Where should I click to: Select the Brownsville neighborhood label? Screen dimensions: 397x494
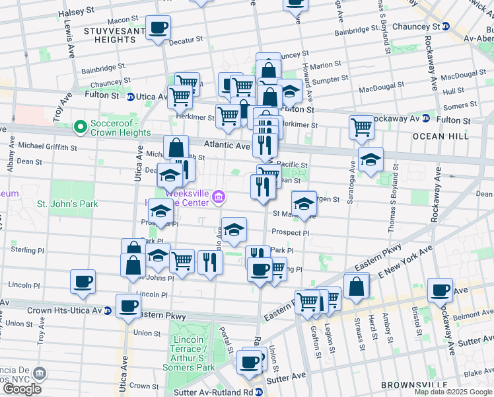click(409, 384)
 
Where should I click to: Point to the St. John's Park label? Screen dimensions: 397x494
click(67, 204)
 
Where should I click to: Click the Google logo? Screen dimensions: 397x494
click(22, 389)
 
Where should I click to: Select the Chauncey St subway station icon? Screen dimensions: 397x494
click(446, 26)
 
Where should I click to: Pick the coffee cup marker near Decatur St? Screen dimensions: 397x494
click(158, 28)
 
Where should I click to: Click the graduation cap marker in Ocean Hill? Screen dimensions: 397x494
click(370, 159)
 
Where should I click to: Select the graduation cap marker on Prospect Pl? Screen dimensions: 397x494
click(234, 230)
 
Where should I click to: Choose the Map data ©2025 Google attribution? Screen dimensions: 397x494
click(453, 392)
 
